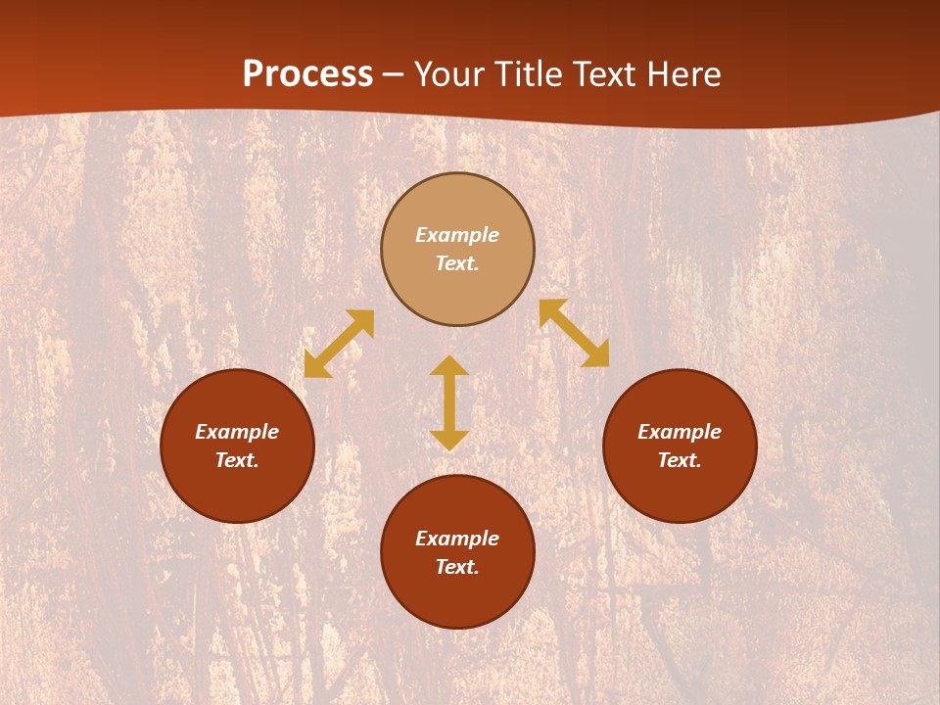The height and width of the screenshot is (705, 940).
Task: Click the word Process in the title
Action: pyautogui.click(x=307, y=74)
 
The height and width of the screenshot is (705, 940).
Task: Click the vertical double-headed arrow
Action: pyautogui.click(x=449, y=402)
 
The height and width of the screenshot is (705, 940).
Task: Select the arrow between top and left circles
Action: pyautogui.click(x=339, y=344)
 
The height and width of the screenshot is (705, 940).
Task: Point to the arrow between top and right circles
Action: pyautogui.click(x=575, y=333)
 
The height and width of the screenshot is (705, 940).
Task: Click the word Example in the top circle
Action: pyautogui.click(x=457, y=235)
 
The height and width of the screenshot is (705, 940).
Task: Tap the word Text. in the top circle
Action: pyautogui.click(x=457, y=263)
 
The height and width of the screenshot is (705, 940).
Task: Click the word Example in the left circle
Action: pyautogui.click(x=237, y=432)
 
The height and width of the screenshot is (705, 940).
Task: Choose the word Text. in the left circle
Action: pyautogui.click(x=237, y=460)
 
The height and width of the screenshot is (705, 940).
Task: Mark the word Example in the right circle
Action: pyautogui.click(x=680, y=432)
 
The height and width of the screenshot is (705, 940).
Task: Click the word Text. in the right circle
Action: pyautogui.click(x=680, y=460)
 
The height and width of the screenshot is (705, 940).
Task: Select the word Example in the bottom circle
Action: pyautogui.click(x=457, y=539)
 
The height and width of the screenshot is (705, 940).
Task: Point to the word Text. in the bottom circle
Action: pyautogui.click(x=457, y=567)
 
